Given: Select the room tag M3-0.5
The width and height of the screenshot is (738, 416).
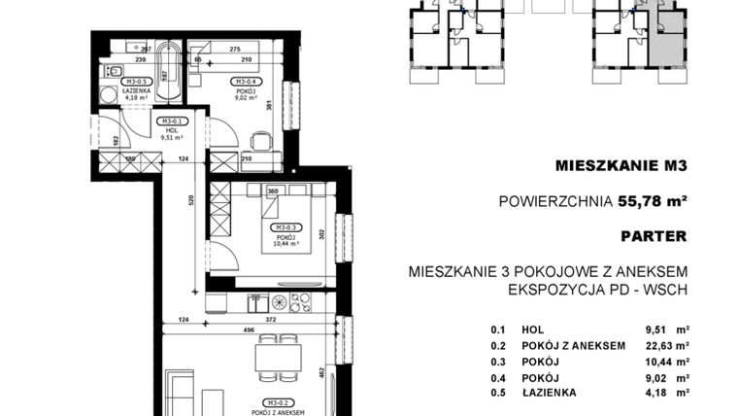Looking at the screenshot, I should click(x=134, y=83).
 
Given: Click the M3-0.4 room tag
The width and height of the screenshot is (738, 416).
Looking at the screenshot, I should click(x=244, y=82).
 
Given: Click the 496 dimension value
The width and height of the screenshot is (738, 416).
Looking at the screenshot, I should click(x=250, y=330).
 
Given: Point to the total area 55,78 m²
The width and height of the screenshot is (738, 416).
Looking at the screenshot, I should click(x=653, y=202).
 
